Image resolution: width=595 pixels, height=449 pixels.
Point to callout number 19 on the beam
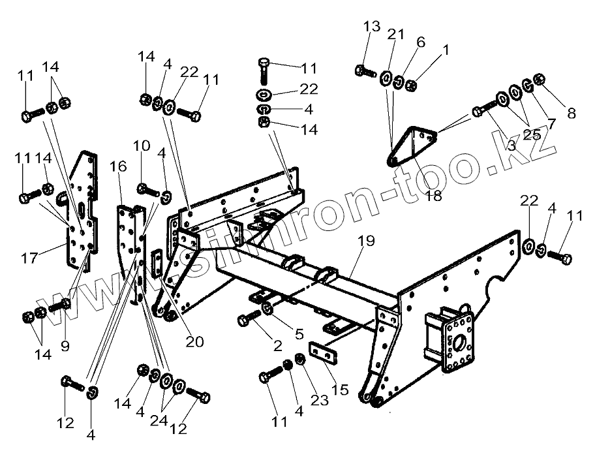point(366,241)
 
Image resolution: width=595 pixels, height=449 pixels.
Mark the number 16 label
point(118,168)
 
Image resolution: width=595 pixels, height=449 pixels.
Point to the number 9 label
point(65,345)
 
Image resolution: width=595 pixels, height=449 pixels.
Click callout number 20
point(195,341)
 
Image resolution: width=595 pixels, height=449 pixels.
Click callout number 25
point(531,135)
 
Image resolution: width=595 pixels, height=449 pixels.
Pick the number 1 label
point(446,50)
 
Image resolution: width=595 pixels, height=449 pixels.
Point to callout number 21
point(396,34)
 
